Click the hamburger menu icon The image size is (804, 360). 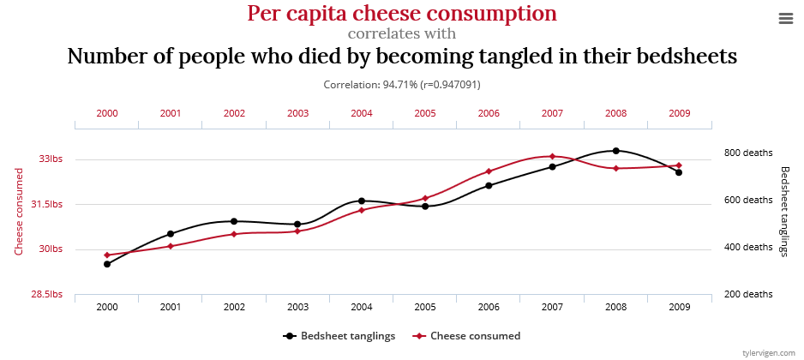click(x=785, y=19)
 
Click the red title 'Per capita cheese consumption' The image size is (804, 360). click(x=402, y=14)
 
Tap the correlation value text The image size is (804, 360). click(x=401, y=85)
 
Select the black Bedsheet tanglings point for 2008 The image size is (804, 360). click(x=615, y=151)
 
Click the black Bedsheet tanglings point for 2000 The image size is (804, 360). click(x=107, y=264)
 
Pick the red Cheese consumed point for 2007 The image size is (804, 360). click(x=552, y=156)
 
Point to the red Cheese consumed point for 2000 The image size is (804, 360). click(x=107, y=255)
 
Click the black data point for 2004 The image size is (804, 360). click(x=362, y=201)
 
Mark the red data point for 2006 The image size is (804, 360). click(x=489, y=171)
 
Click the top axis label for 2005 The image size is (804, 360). click(x=425, y=113)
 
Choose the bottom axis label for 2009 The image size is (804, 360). click(x=679, y=307)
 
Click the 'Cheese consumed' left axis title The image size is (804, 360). click(x=18, y=211)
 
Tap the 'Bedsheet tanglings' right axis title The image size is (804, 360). click(x=784, y=211)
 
